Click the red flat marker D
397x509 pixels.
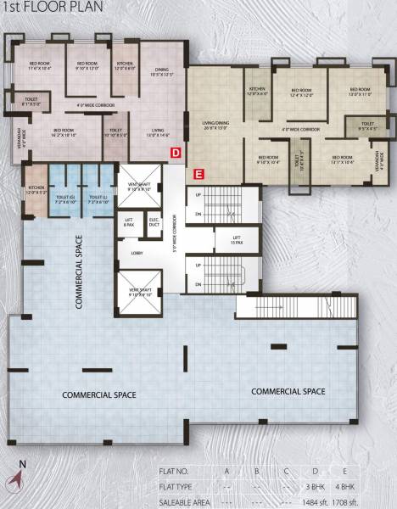176,153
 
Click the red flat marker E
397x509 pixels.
198,174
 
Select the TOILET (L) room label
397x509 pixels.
101,199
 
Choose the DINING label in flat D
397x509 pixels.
161,71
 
